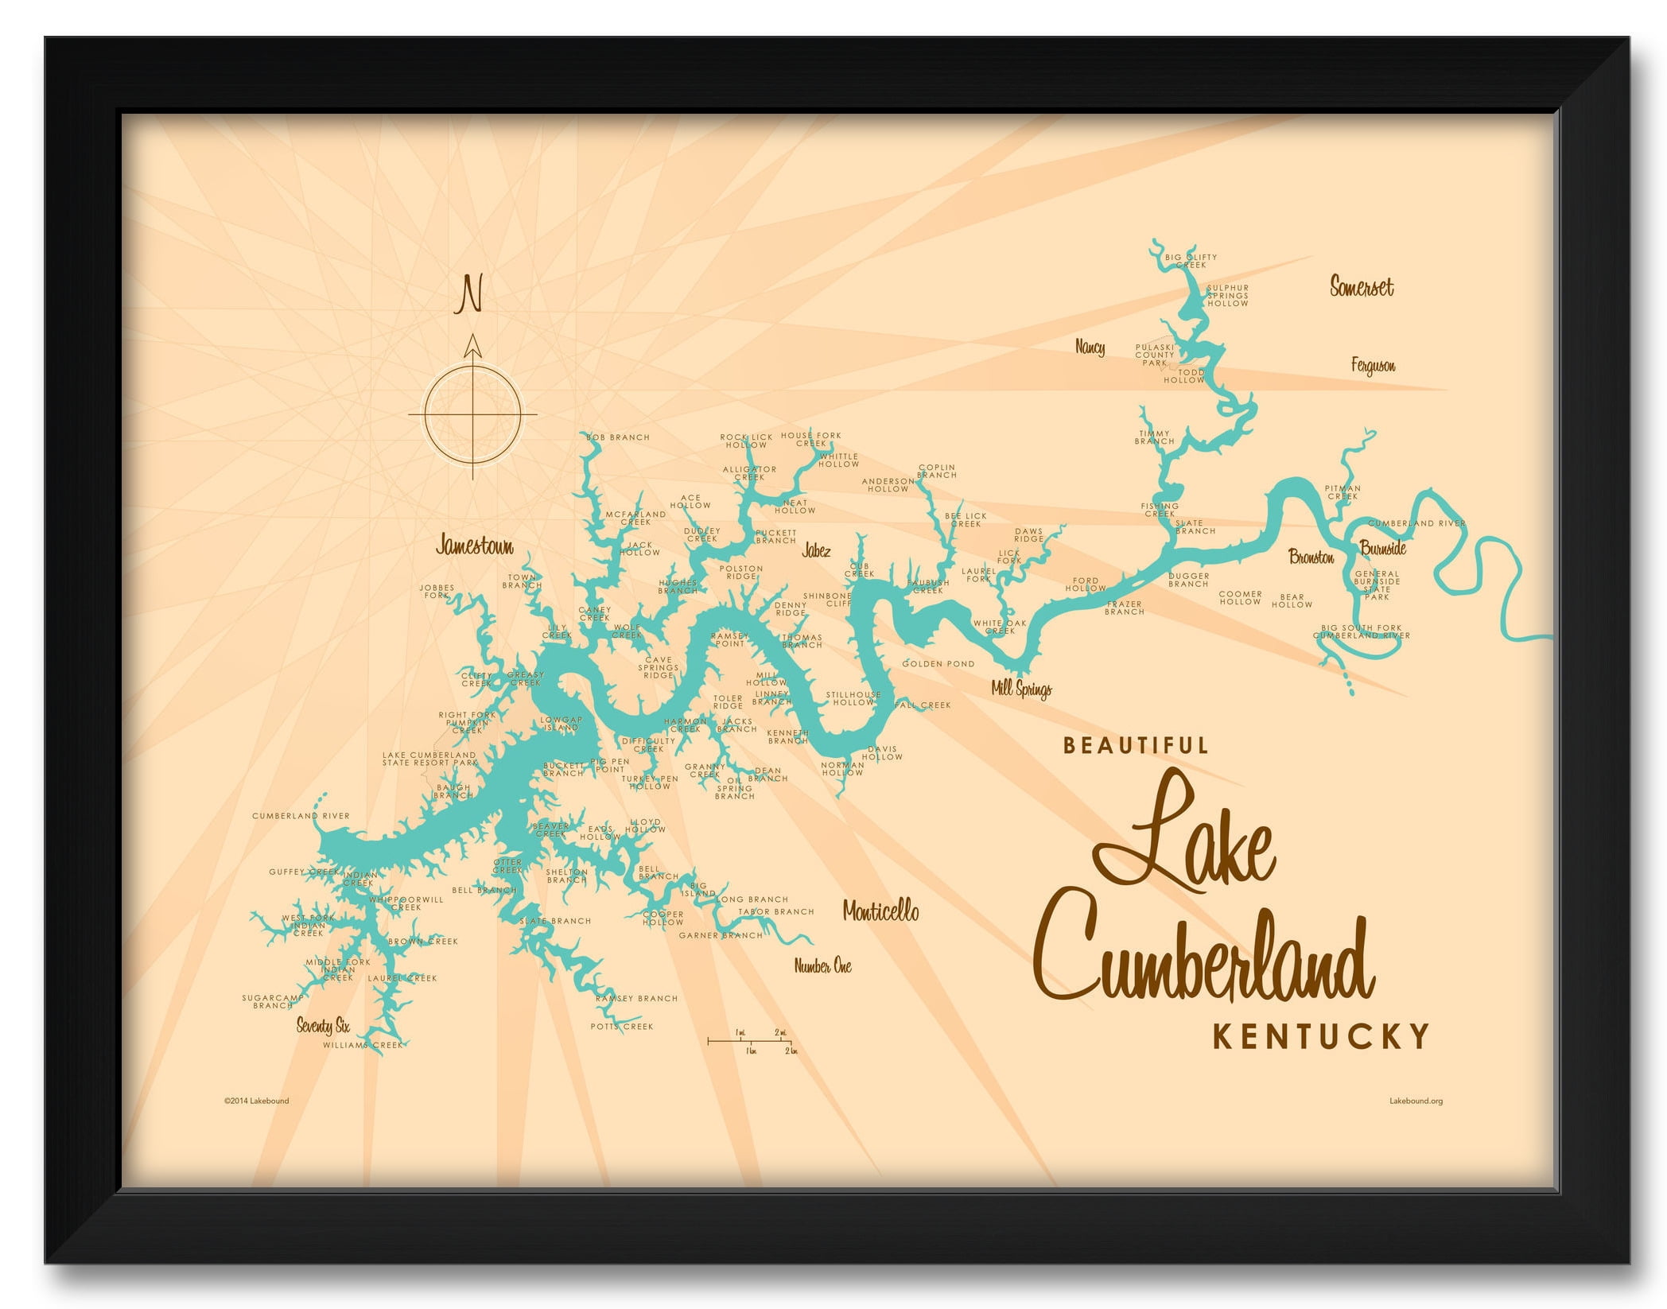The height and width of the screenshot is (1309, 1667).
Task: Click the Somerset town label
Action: coord(1362,286)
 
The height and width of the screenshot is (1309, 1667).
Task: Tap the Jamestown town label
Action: coord(475,546)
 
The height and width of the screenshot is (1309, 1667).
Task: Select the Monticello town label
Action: coord(880,911)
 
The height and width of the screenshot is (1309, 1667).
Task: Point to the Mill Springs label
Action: coord(1021,689)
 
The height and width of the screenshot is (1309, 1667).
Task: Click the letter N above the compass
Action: coord(470,294)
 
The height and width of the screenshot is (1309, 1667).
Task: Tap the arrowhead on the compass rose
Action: coord(473,346)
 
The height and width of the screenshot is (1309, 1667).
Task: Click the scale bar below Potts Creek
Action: coord(750,1040)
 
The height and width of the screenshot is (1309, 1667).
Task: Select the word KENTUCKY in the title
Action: coord(1320,1037)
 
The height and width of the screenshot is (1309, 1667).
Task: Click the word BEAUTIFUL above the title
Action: coord(1136,745)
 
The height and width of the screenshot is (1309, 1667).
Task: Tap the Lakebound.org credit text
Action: coord(1416,1101)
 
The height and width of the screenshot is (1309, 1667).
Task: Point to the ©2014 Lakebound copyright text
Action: coord(256,1101)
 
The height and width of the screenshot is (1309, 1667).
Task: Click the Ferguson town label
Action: coord(1373,366)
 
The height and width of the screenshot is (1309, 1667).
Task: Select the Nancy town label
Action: coord(1090,347)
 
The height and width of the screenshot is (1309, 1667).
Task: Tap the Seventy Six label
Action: coord(323,1025)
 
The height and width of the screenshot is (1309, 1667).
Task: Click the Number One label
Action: coord(822,966)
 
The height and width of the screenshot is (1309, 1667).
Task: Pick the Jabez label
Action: coord(816,550)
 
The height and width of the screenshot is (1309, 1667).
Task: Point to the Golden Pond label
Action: coord(938,663)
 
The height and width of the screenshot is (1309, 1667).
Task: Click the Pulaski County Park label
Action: coord(1155,355)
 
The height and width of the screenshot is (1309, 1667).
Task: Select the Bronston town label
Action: coord(1311,557)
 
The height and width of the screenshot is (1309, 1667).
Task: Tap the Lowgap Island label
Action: coord(561,724)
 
